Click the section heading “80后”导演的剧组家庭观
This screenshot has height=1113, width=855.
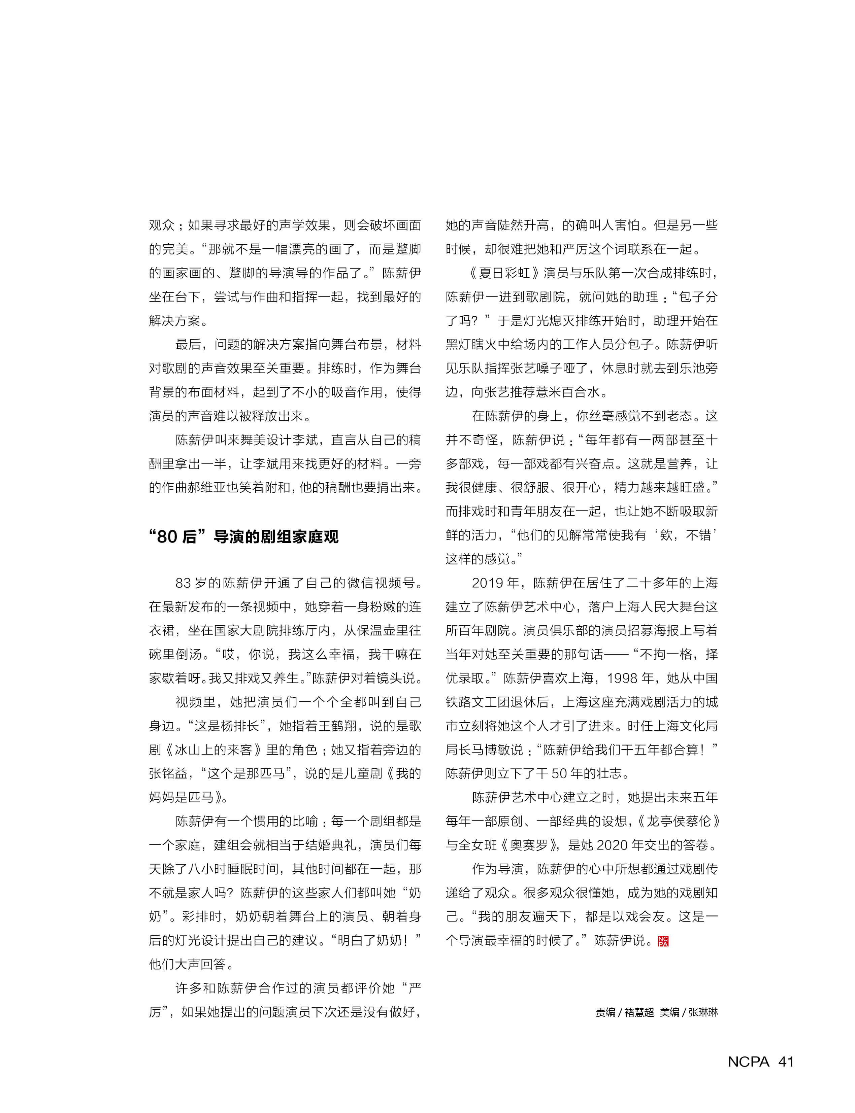click(243, 537)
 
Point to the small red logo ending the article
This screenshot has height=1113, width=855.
click(663, 941)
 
